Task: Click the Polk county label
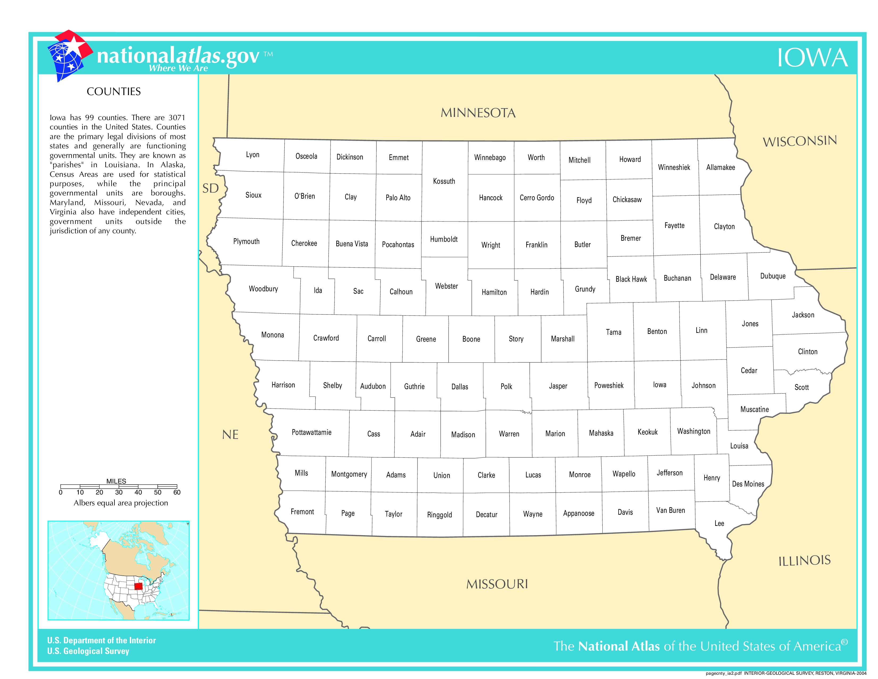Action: click(506, 387)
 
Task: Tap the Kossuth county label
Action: click(444, 181)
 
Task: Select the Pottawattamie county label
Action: click(312, 432)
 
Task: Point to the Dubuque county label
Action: click(773, 276)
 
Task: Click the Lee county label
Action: click(719, 523)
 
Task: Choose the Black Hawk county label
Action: click(631, 279)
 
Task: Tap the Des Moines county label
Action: click(748, 484)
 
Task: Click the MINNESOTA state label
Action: click(478, 113)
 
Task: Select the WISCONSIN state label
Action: click(800, 141)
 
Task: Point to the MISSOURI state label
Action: click(497, 584)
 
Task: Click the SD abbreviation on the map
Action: click(210, 188)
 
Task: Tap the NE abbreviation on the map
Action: click(230, 435)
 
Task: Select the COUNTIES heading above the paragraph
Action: click(114, 92)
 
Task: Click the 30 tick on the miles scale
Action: click(119, 492)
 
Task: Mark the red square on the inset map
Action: click(138, 586)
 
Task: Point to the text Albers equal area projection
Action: click(121, 503)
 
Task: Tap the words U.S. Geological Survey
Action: click(88, 651)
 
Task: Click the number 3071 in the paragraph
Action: click(177, 117)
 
